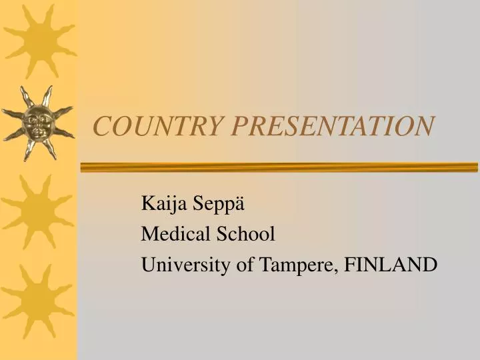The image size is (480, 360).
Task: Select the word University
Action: coord(181,265)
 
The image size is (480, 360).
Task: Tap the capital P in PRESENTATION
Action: coord(234,125)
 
